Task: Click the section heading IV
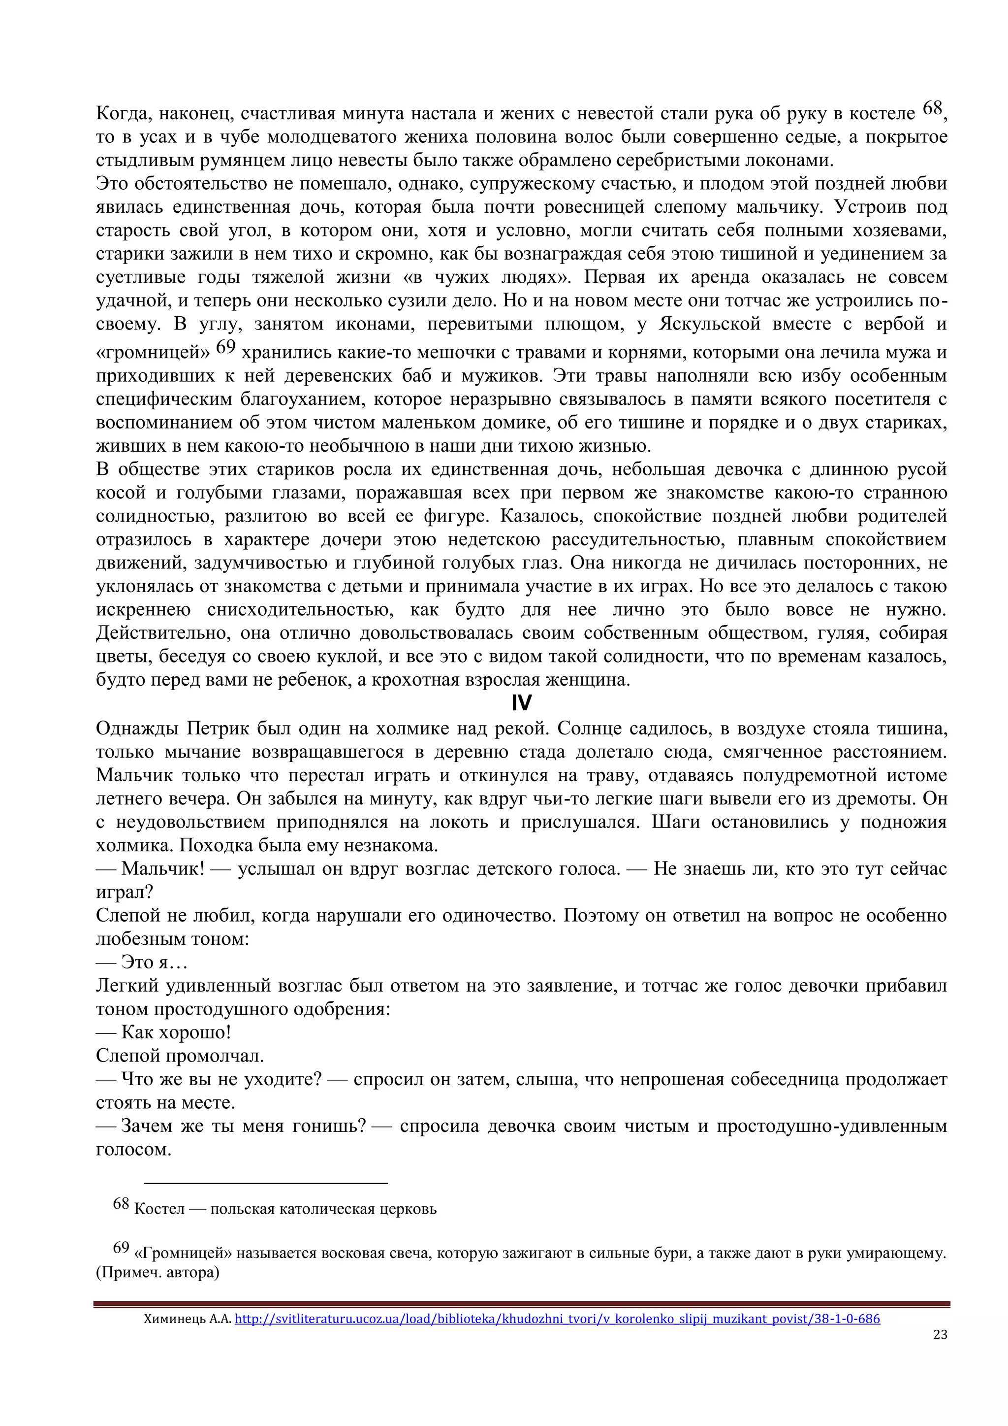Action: pyautogui.click(x=521, y=703)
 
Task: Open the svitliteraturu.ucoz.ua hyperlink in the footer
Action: pyautogui.click(x=557, y=1318)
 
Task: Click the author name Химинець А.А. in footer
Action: pyautogui.click(x=187, y=1319)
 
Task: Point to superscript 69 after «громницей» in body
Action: pyautogui.click(x=226, y=347)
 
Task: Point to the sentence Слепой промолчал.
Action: pyautogui.click(x=180, y=1056)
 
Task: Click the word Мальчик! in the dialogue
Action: pyautogui.click(x=162, y=868)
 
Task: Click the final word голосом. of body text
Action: pyautogui.click(x=133, y=1150)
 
